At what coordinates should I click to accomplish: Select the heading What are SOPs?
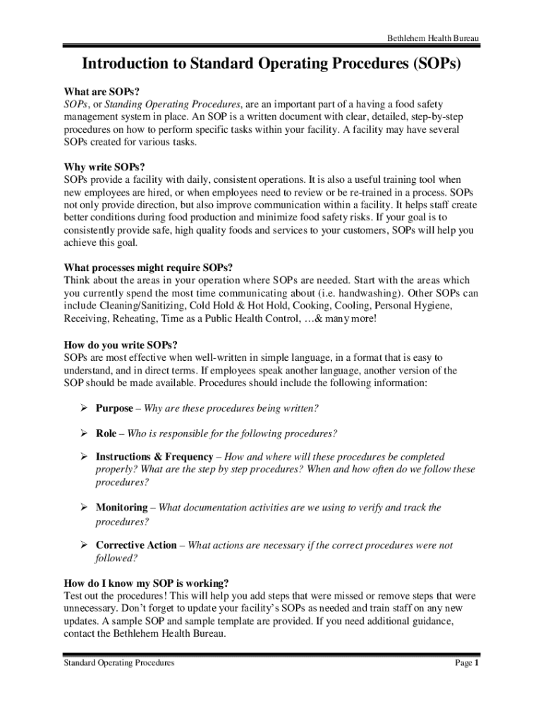(x=102, y=91)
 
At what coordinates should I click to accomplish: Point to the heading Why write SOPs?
(x=104, y=167)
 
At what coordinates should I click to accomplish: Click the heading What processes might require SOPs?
(x=148, y=268)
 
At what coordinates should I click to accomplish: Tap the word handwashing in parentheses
(x=370, y=293)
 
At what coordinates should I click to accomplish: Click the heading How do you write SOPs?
(x=116, y=345)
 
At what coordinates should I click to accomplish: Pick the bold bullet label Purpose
(x=114, y=409)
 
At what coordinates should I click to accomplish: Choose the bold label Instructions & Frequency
(x=154, y=457)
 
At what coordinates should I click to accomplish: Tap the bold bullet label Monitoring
(x=121, y=507)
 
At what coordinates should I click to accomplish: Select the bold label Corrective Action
(x=136, y=545)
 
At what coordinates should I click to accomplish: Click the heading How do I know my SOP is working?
(x=146, y=583)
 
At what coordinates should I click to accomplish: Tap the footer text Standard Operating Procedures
(x=119, y=664)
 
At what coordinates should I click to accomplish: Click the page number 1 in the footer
(x=477, y=664)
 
